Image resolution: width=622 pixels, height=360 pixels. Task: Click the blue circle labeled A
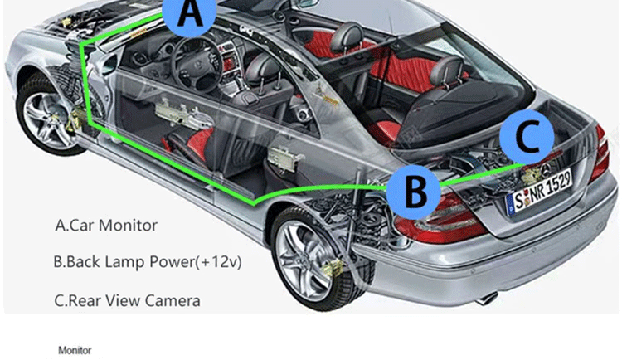[190, 16]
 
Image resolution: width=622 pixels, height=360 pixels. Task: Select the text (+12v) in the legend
[222, 262]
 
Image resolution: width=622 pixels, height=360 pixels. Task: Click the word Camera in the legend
[173, 299]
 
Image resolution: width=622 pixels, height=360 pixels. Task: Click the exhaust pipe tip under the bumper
[488, 296]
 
